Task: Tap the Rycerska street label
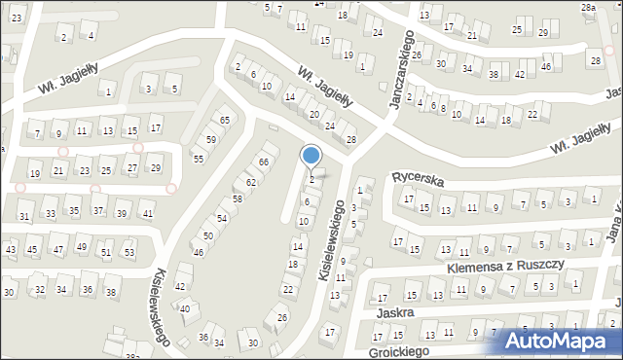[418, 179]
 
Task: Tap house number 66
[263, 161]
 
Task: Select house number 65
[225, 120]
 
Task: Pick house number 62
[251, 182]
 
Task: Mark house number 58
[237, 198]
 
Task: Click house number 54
[222, 218]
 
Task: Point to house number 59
[211, 139]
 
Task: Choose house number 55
[198, 158]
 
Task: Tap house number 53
[129, 252]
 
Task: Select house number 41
[147, 213]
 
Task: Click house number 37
[98, 210]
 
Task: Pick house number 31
[24, 216]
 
